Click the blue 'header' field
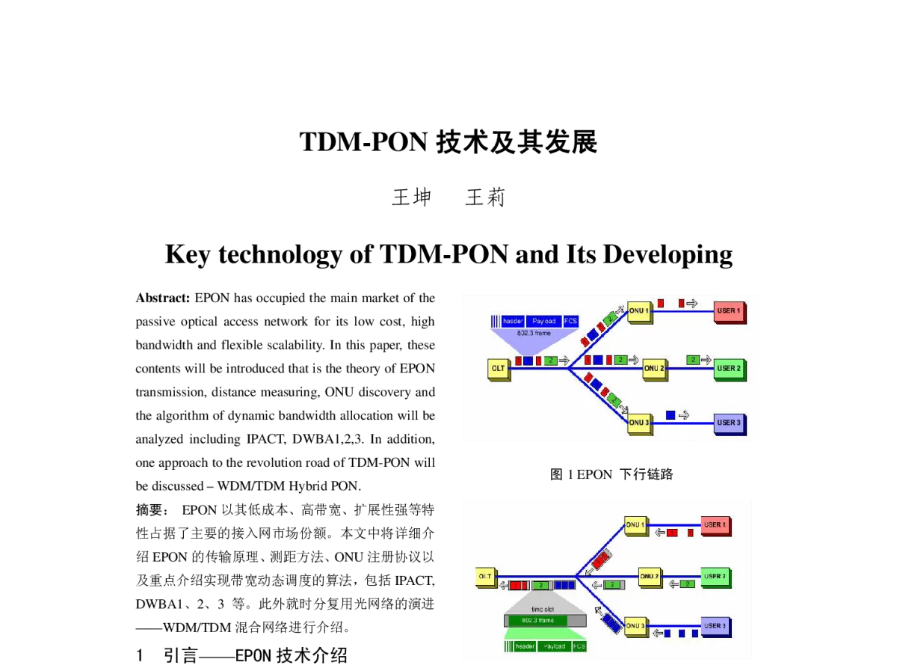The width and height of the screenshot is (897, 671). (x=513, y=321)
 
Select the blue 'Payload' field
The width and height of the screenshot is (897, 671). (x=543, y=321)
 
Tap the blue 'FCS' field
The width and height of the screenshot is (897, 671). (x=571, y=321)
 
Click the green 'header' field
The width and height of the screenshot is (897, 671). (x=525, y=646)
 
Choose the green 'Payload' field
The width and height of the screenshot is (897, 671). (x=554, y=646)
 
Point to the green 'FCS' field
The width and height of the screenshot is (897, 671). (x=579, y=646)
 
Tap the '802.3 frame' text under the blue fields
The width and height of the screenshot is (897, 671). (x=534, y=332)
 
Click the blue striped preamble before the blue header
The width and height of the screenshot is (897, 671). (x=495, y=321)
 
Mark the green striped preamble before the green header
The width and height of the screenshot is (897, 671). (x=508, y=646)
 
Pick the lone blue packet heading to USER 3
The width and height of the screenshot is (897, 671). (x=671, y=414)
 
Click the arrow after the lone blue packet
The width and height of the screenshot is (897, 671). (x=684, y=415)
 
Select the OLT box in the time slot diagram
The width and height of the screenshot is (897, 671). (x=487, y=576)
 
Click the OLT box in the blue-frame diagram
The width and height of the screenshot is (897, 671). (x=498, y=369)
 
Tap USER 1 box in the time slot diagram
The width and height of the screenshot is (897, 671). (x=715, y=525)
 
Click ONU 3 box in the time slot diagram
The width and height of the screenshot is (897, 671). (x=636, y=625)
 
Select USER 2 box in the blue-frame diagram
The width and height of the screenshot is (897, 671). (x=728, y=369)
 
